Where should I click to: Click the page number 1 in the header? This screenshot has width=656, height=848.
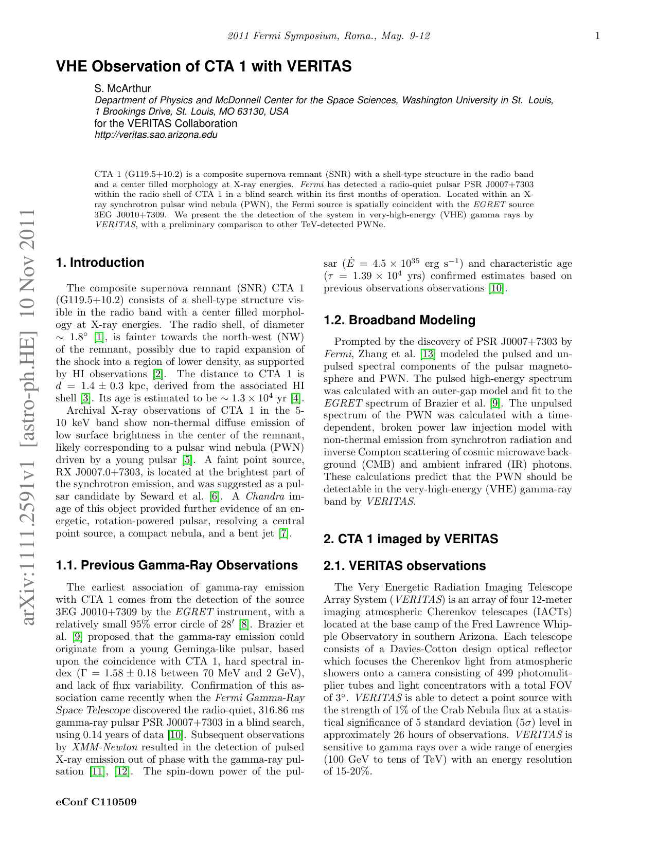[x=597, y=36]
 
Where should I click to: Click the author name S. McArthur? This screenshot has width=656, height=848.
[x=122, y=89]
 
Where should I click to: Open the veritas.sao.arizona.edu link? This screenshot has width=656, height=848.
[x=156, y=135]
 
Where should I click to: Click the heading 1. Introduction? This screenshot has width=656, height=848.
[x=100, y=263]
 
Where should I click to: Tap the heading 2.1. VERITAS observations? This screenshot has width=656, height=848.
[x=404, y=566]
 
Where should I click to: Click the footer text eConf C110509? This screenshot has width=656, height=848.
[x=96, y=802]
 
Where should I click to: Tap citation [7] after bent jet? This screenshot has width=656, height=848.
[x=283, y=534]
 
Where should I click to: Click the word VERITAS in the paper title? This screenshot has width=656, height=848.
[x=318, y=66]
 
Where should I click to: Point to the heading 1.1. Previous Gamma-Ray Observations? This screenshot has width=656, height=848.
[x=176, y=566]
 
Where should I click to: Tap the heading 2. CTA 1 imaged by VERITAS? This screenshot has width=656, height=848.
[x=411, y=539]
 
